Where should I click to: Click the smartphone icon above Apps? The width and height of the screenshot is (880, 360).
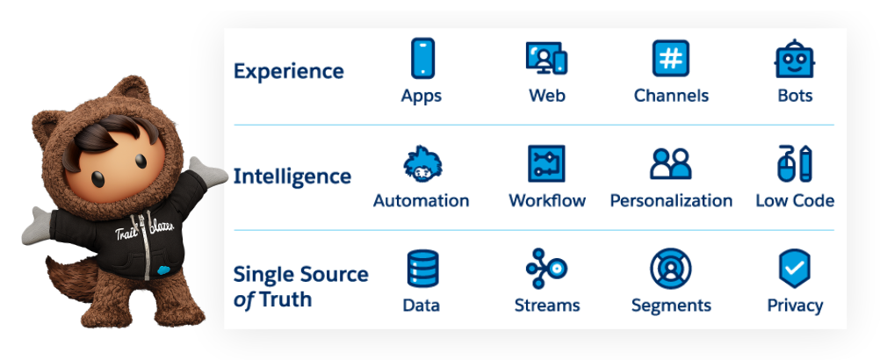[x=422, y=58]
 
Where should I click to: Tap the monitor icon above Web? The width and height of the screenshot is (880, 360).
[x=546, y=59]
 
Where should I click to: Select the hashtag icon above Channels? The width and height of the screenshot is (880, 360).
[x=671, y=58]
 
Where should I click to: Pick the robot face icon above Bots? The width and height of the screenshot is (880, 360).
[x=795, y=59]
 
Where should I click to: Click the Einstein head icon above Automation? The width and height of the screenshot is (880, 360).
[x=422, y=163]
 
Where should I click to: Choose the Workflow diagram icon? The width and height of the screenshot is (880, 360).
[x=546, y=163]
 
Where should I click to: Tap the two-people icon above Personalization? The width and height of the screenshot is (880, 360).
[x=671, y=163]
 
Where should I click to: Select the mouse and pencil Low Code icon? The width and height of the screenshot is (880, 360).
[x=795, y=163]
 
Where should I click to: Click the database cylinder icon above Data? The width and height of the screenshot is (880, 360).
[x=422, y=269]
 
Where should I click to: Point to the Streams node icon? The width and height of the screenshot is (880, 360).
[x=546, y=269]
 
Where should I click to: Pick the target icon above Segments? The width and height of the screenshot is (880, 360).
[x=671, y=269]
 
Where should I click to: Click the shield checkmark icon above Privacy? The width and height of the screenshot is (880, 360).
[x=795, y=269]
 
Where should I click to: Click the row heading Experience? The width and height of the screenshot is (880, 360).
[x=288, y=71]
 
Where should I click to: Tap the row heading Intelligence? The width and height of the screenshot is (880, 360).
[x=292, y=176]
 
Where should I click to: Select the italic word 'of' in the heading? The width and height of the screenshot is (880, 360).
[x=243, y=299]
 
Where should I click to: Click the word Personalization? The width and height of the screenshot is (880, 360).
[x=671, y=200]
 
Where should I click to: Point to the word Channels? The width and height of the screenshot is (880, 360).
[x=671, y=95]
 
